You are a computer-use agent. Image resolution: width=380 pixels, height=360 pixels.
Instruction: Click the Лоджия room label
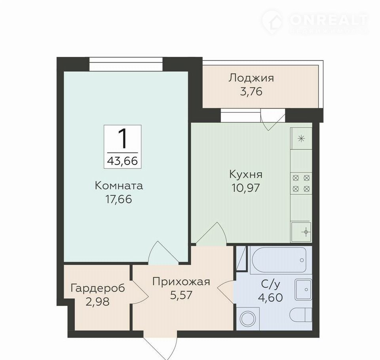[251, 78]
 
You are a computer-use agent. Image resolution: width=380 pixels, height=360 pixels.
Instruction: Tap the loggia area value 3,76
[251, 92]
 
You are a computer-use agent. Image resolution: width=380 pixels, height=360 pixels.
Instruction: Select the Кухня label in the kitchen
[246, 174]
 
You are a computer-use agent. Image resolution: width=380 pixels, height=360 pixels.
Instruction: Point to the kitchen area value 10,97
[246, 188]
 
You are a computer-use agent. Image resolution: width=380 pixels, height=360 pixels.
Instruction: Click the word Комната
[119, 186]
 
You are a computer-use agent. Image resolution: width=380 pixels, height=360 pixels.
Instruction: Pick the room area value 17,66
[119, 199]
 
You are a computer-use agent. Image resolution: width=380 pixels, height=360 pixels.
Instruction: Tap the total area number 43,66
[122, 161]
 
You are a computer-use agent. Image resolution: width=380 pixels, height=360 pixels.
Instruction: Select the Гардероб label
[98, 288]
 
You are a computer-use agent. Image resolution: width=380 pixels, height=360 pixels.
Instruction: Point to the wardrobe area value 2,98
[98, 302]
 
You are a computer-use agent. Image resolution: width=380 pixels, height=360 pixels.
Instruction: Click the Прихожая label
[181, 282]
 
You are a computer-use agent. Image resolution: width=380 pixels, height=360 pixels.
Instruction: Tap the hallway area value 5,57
[181, 295]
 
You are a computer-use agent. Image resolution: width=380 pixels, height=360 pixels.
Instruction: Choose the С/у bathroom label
[270, 284]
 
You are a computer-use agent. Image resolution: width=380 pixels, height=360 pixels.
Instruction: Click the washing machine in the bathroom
[248, 318]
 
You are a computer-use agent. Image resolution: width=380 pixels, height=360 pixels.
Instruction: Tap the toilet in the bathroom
[301, 315]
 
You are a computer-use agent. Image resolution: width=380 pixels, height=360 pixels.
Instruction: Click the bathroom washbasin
[303, 290]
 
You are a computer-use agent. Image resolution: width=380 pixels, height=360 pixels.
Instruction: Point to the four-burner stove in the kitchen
[301, 184]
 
